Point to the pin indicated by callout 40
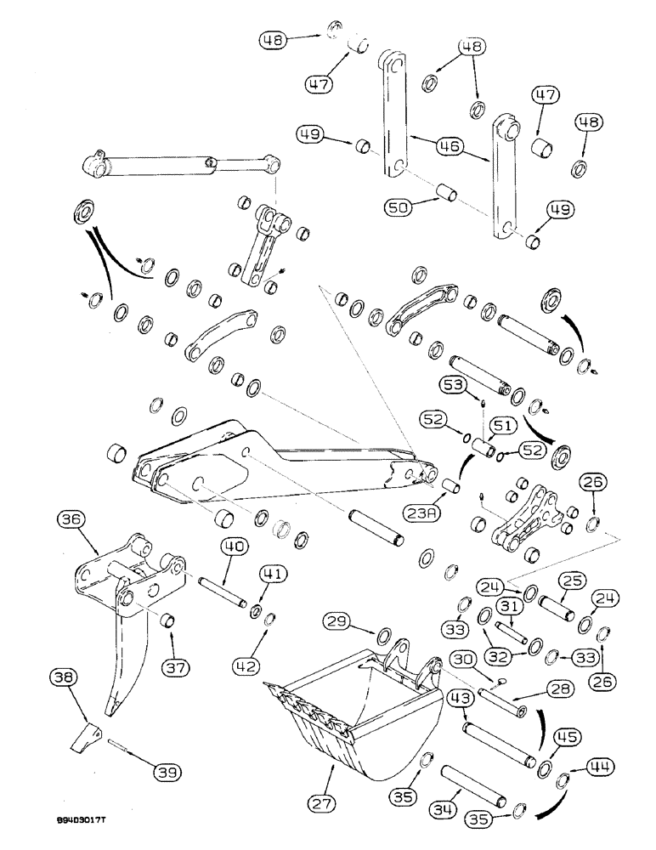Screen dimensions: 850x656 click(x=223, y=592)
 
